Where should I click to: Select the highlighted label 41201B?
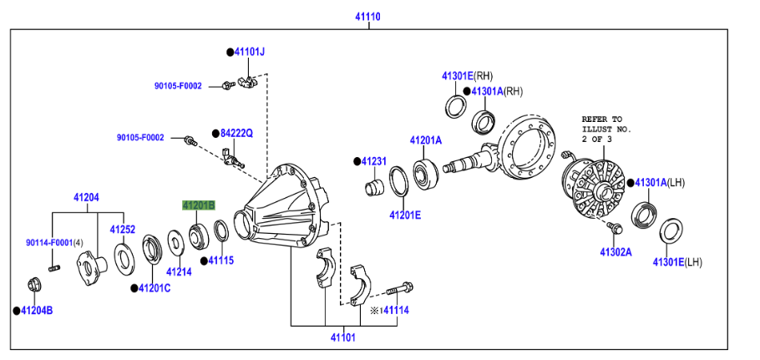(199, 205)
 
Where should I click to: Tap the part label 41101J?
(249, 52)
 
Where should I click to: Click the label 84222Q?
(236, 133)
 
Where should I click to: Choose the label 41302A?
(616, 251)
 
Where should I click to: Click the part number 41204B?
(37, 310)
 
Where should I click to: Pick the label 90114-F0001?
(49, 243)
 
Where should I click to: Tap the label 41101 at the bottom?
(342, 337)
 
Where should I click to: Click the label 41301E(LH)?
(678, 262)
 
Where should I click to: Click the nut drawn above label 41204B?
(34, 283)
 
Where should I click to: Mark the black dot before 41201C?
(133, 288)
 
